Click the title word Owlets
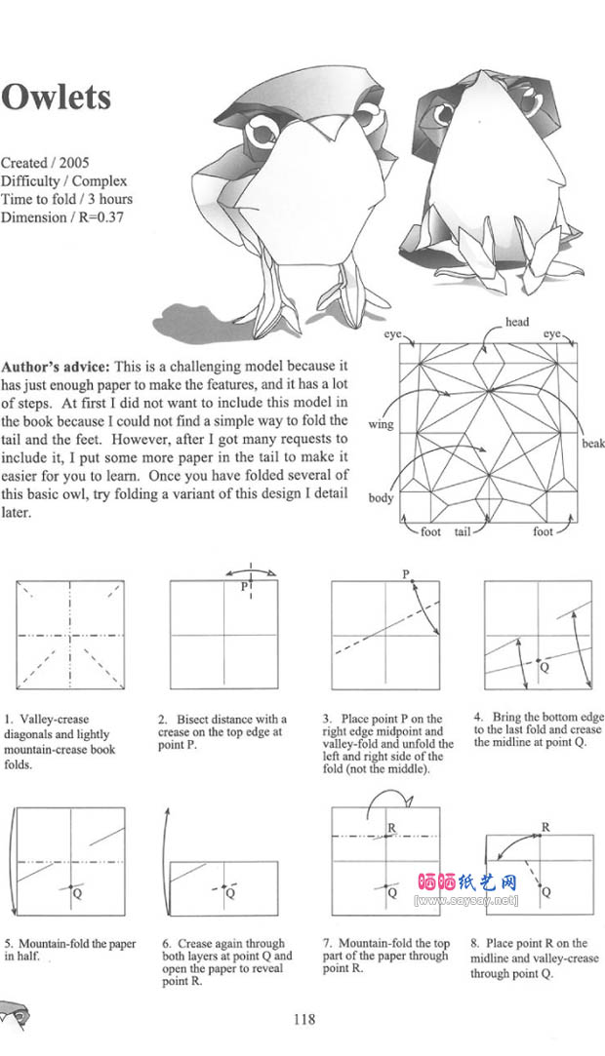56,98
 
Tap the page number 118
303,1020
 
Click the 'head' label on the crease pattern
517,322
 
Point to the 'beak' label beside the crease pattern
593,444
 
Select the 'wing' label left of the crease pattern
380,425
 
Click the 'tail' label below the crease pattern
463,532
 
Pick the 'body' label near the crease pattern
381,498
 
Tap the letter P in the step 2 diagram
244,587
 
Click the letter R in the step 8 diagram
545,828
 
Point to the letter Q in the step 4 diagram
544,668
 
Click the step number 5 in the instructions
9,944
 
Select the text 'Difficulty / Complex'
63,181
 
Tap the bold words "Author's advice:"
56,368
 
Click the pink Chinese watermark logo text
467,882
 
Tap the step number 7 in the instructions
328,943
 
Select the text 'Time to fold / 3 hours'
66,199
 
